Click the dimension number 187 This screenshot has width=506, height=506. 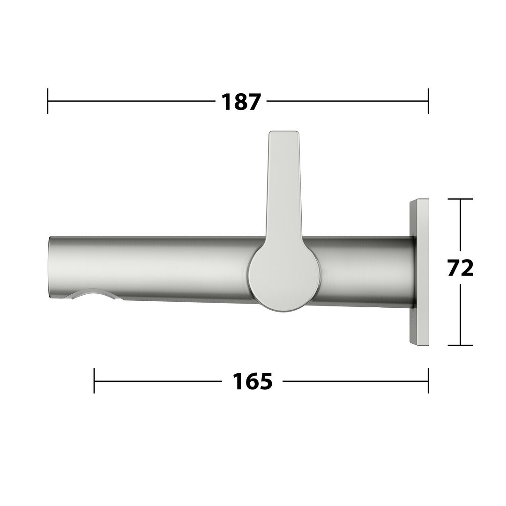click(x=241, y=102)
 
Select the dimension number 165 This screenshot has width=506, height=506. click(x=253, y=381)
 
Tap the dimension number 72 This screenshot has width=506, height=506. click(x=461, y=268)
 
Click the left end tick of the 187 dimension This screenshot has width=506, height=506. click(x=48, y=101)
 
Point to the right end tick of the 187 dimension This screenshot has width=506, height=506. click(x=428, y=101)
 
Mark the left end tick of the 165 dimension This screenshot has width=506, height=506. click(x=94, y=381)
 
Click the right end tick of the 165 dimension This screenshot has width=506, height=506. click(x=428, y=381)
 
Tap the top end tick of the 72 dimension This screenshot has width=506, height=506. click(x=461, y=199)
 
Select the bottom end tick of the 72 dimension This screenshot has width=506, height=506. click(x=461, y=345)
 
